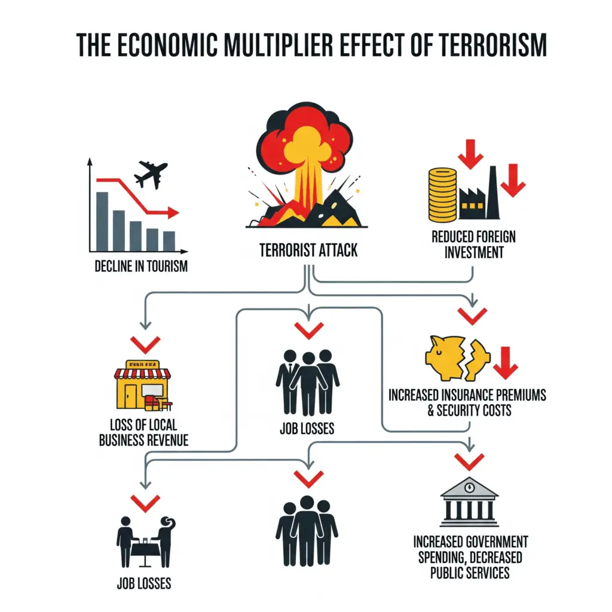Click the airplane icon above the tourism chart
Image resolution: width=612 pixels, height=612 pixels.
point(150,174)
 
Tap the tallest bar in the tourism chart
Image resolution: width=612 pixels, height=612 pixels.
point(102,221)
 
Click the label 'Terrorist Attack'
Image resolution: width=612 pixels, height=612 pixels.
point(308,249)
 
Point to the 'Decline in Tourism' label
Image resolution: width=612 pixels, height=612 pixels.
point(140,266)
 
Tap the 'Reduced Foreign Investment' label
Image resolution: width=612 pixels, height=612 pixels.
point(473,244)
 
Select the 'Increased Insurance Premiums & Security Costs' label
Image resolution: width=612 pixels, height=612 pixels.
point(467,402)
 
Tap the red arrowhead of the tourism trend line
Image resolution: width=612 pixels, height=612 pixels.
point(173,212)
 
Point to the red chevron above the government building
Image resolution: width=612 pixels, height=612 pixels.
point(469,461)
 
